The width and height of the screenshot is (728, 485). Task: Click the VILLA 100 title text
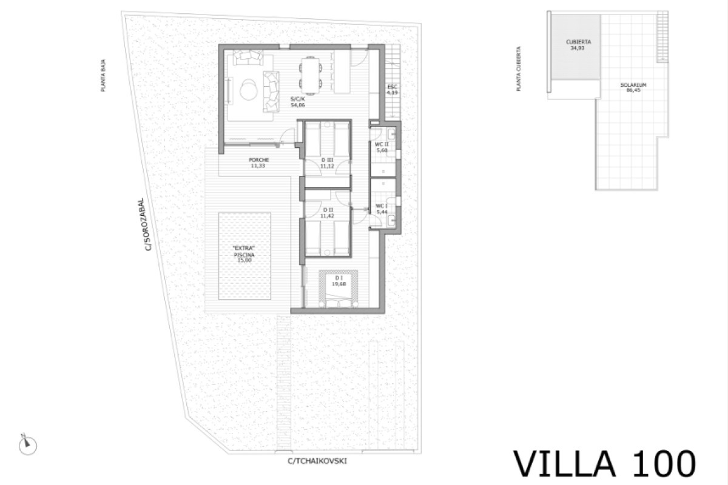(x=604, y=463)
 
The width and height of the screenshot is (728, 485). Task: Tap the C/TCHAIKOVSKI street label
(x=317, y=461)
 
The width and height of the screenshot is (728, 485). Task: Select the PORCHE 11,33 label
(x=258, y=162)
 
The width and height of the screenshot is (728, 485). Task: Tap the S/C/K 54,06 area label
(x=297, y=102)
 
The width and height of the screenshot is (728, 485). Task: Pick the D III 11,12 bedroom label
(x=327, y=162)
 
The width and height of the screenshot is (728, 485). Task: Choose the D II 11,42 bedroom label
(x=327, y=212)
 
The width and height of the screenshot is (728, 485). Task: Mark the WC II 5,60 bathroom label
(x=381, y=147)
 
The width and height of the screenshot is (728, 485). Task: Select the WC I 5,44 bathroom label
(x=381, y=209)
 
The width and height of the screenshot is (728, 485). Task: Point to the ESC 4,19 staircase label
(x=393, y=90)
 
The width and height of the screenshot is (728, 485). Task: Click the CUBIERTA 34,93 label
(x=578, y=45)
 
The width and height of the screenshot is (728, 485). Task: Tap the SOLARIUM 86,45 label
(x=633, y=87)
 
